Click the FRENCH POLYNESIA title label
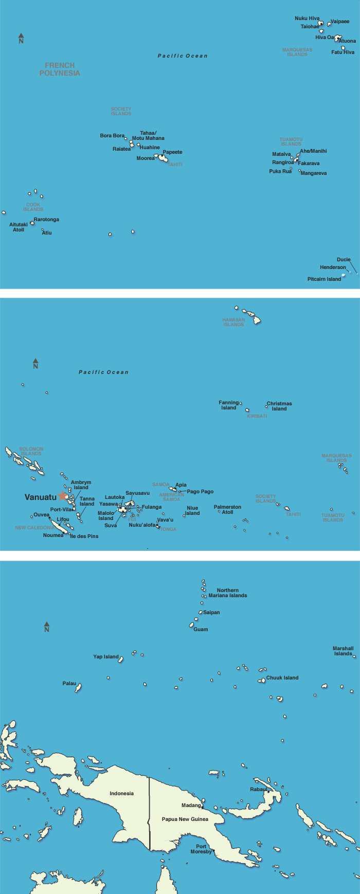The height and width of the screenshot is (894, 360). [60, 69]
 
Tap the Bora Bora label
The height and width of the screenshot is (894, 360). [112, 136]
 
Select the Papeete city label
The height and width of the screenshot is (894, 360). [172, 152]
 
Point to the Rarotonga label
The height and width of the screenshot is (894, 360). [46, 220]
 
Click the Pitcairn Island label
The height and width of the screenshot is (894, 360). [324, 279]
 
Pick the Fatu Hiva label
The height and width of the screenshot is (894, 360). [343, 52]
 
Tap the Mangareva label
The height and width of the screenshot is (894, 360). [313, 173]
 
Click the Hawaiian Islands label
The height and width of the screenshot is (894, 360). [233, 322]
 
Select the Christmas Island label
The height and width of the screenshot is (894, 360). [279, 406]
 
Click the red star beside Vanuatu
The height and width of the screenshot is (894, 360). [63, 496]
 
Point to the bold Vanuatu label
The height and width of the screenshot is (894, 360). [41, 497]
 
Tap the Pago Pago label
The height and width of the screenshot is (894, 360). [200, 492]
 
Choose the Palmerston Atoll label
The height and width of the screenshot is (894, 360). [227, 510]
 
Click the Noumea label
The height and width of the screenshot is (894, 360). [53, 535]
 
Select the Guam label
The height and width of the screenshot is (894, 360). [201, 630]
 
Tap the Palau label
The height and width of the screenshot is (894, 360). [69, 684]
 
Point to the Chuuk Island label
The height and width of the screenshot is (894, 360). [282, 678]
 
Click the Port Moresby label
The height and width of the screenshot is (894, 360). [201, 849]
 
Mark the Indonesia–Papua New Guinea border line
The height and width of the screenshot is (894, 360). [149, 813]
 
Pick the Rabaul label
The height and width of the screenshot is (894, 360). [259, 790]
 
